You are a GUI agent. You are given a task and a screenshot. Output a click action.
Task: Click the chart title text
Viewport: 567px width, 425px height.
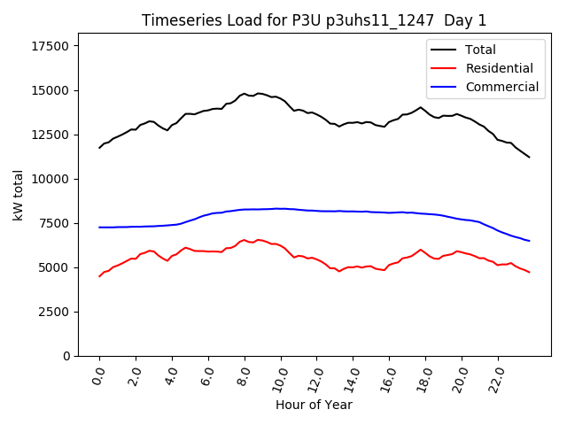click(x=314, y=20)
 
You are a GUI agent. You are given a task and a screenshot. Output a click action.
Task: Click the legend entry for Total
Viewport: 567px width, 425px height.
click(x=481, y=50)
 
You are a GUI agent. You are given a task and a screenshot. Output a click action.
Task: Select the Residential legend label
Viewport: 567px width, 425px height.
click(x=499, y=68)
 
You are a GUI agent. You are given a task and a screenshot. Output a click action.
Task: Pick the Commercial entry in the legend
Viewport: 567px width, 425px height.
click(x=501, y=87)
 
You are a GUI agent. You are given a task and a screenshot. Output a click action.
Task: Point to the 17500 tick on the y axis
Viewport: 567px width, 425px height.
click(x=51, y=46)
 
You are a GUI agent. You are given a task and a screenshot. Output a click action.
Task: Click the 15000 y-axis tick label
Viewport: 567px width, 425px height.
click(x=51, y=90)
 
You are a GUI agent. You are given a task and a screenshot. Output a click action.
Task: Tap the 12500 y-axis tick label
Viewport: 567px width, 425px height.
click(x=51, y=135)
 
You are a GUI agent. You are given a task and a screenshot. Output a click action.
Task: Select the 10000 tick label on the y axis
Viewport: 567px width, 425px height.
click(x=51, y=179)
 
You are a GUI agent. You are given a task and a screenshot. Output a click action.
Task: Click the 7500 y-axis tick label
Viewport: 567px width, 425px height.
click(x=55, y=223)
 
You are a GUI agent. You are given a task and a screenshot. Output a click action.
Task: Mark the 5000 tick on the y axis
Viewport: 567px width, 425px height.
click(x=55, y=267)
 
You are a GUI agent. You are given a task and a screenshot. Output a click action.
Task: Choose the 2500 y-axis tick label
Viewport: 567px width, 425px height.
click(x=55, y=312)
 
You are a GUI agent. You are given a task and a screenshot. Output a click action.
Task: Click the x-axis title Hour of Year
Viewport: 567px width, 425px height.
click(x=314, y=406)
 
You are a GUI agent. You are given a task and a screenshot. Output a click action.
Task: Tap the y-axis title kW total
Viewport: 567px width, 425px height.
click(x=18, y=195)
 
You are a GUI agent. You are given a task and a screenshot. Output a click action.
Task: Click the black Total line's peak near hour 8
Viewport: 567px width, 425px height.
click(x=245, y=93)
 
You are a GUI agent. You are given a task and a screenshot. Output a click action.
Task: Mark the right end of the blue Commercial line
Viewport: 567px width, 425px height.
click(x=530, y=241)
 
